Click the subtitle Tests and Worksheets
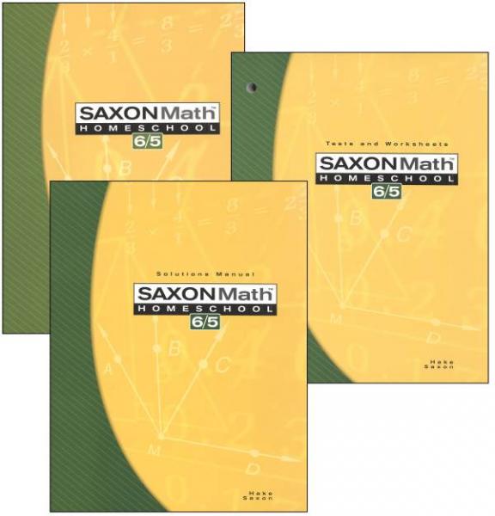pyautogui.click(x=388, y=144)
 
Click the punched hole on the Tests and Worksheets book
pyautogui.click(x=250, y=86)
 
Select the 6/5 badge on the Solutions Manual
pyautogui.click(x=203, y=324)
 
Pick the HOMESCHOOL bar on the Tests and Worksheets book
pyautogui.click(x=385, y=179)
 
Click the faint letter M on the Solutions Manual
pyautogui.click(x=155, y=449)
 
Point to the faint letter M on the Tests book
pyautogui.click(x=336, y=319)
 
